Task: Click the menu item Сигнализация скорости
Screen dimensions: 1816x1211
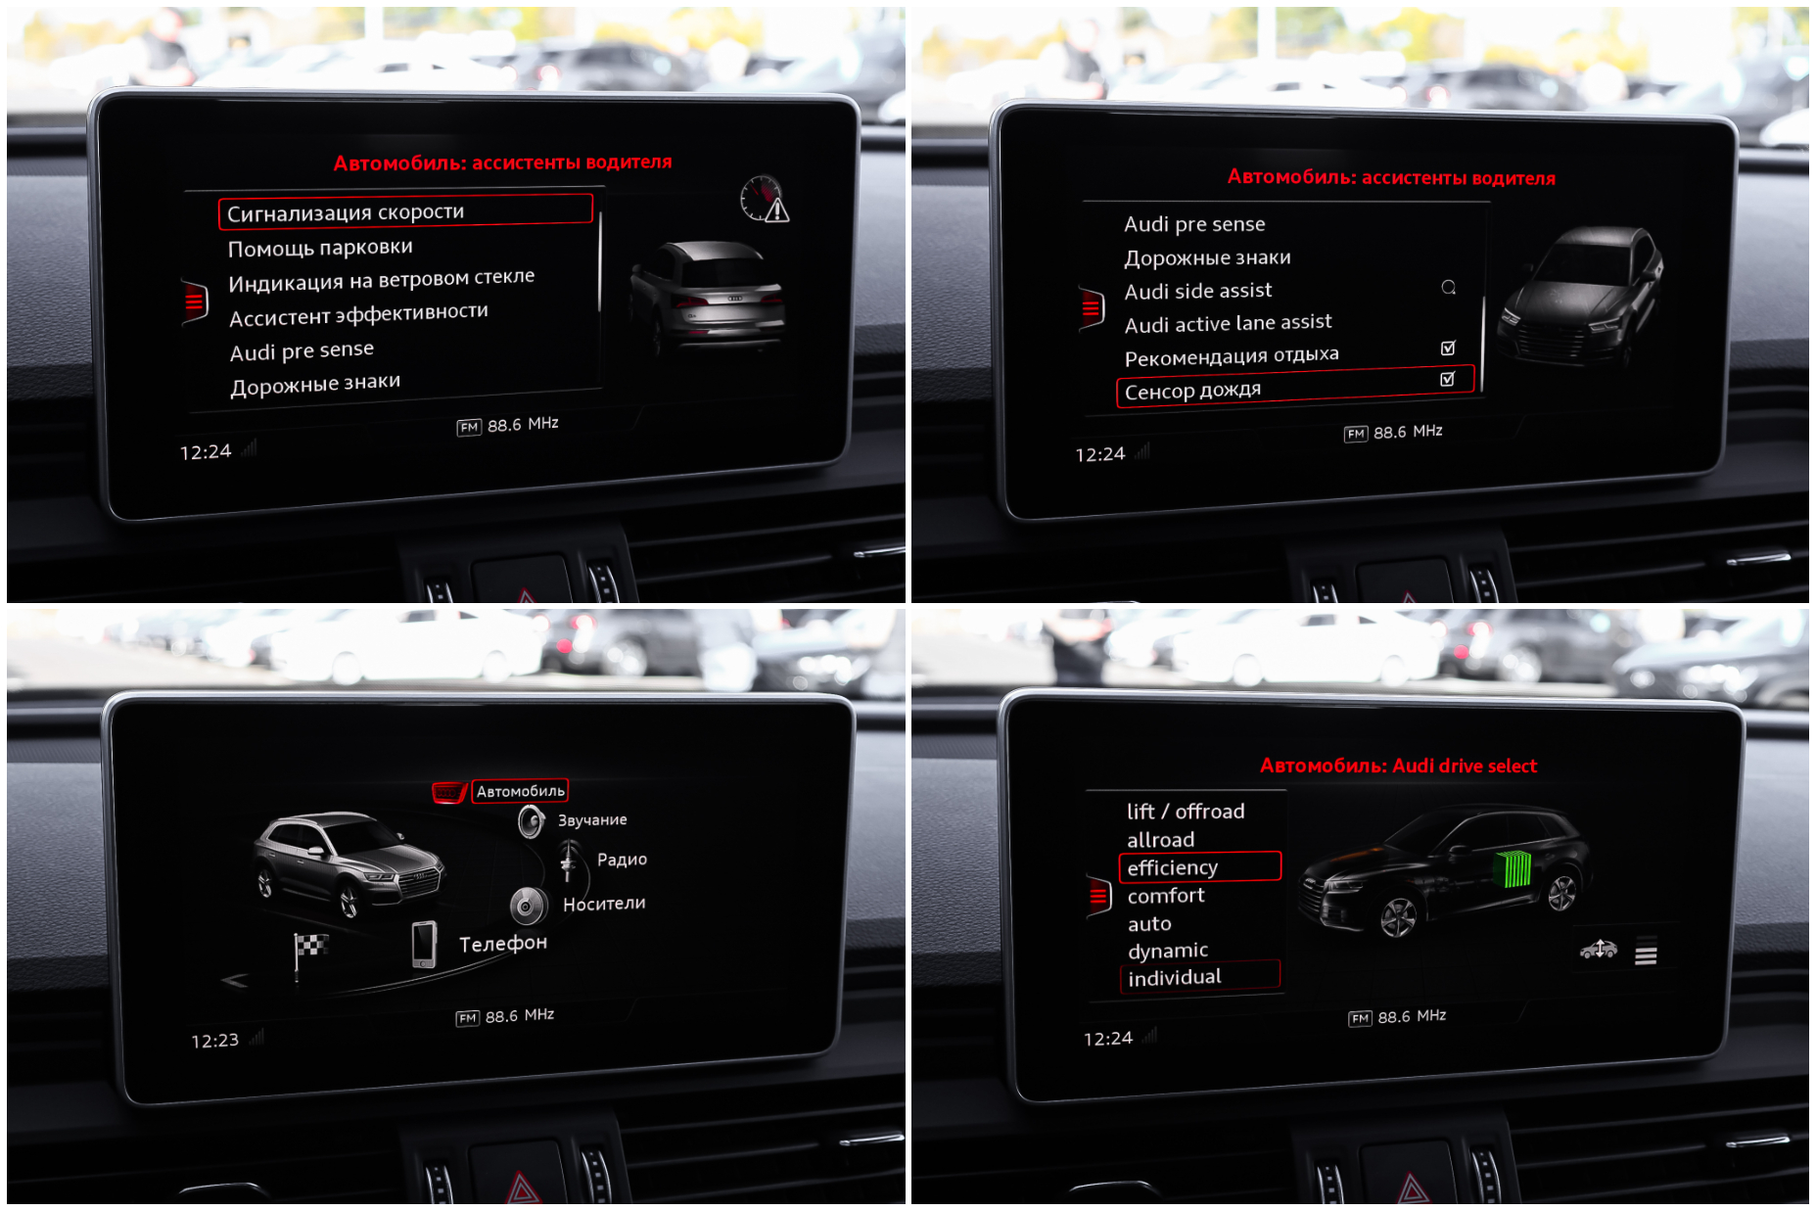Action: click(x=346, y=212)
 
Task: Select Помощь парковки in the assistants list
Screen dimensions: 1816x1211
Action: click(x=320, y=248)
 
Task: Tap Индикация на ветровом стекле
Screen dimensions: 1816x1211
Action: click(x=382, y=280)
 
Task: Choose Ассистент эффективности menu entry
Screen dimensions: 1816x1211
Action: click(x=358, y=314)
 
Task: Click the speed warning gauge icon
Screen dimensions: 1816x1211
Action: click(x=765, y=199)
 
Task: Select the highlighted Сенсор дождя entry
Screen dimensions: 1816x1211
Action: click(x=1192, y=391)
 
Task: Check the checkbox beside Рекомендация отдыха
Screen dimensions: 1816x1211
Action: click(x=1448, y=348)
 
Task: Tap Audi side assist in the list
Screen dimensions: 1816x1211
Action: click(x=1198, y=291)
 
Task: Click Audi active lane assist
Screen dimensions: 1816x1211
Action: click(x=1228, y=323)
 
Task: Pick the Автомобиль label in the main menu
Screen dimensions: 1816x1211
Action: click(x=521, y=791)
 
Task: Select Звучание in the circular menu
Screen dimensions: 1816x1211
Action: click(x=592, y=820)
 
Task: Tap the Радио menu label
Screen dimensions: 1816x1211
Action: click(x=622, y=860)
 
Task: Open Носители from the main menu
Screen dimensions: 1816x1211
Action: click(x=604, y=904)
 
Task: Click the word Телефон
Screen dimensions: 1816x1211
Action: click(x=503, y=944)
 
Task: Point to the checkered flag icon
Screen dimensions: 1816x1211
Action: click(x=309, y=953)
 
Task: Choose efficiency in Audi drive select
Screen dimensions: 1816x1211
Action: click(x=1172, y=867)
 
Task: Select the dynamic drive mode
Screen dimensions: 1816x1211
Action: click(x=1167, y=951)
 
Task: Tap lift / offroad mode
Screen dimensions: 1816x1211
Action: click(x=1185, y=812)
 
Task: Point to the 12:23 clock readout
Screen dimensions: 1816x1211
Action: click(x=214, y=1041)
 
